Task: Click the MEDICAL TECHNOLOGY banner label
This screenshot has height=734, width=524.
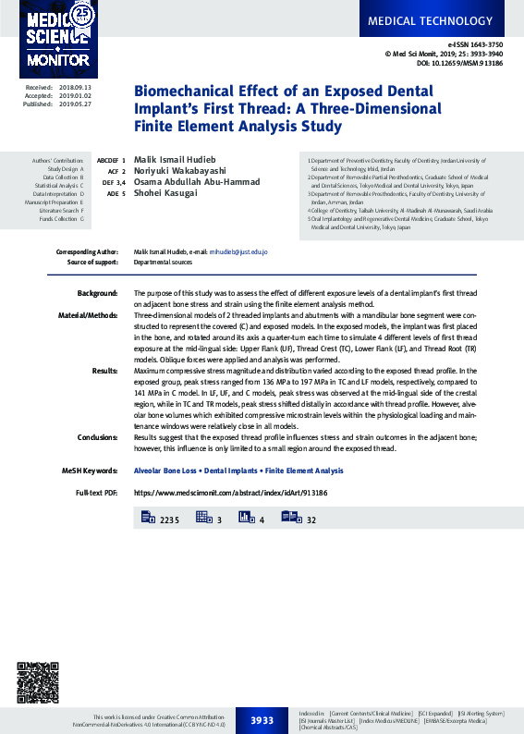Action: pyautogui.click(x=444, y=20)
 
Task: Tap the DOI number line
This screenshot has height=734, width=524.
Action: pyautogui.click(x=459, y=63)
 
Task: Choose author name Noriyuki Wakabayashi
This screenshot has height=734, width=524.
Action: pyautogui.click(x=180, y=171)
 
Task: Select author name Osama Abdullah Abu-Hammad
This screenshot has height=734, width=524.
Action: pyautogui.click(x=196, y=182)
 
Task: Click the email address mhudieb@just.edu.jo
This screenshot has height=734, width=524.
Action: pyautogui.click(x=238, y=251)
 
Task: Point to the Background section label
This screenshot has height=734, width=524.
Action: pyautogui.click(x=97, y=293)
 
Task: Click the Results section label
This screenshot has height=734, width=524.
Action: pyautogui.click(x=104, y=370)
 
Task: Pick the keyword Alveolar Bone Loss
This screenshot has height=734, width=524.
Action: pyautogui.click(x=165, y=471)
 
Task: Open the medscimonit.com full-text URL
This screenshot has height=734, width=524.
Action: pyautogui.click(x=230, y=494)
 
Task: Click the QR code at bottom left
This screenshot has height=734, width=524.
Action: pyautogui.click(x=39, y=682)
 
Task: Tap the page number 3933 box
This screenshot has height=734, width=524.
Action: pyautogui.click(x=262, y=720)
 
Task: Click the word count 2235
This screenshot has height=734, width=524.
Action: pyautogui.click(x=168, y=521)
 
